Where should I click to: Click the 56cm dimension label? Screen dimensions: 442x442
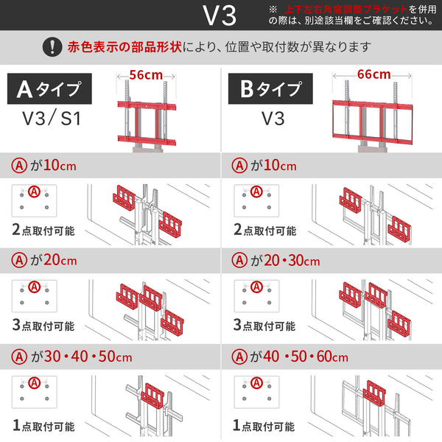(145, 74)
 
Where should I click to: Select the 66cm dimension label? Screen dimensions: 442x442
(373, 74)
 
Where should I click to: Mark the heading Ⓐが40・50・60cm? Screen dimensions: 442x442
(290, 357)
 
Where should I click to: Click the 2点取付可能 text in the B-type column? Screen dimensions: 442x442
(264, 230)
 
